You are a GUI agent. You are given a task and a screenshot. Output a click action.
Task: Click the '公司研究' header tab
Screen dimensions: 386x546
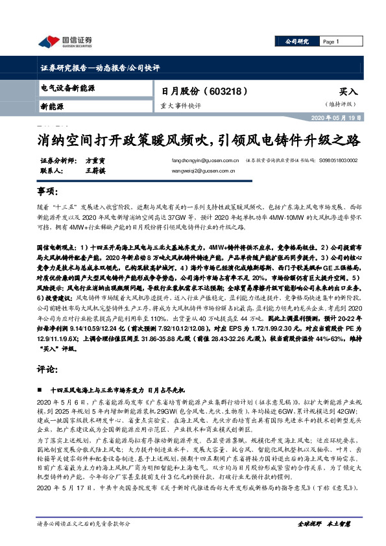[x=298, y=42]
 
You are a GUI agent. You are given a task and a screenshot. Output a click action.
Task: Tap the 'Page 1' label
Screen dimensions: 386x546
[x=332, y=42]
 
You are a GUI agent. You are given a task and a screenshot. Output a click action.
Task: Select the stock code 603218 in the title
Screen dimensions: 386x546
[x=226, y=91]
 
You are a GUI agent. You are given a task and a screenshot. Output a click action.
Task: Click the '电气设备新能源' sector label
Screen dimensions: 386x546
[x=68, y=87]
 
